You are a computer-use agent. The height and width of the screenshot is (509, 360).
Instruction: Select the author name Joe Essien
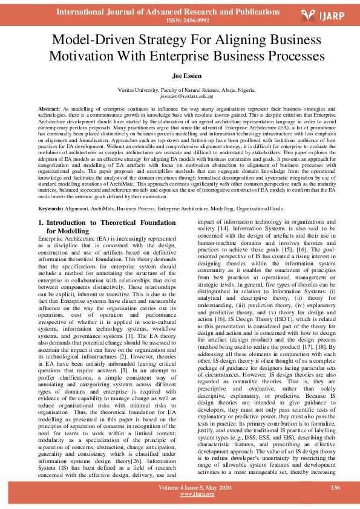(180, 76)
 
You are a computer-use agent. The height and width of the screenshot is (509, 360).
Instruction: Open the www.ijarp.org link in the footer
(180, 494)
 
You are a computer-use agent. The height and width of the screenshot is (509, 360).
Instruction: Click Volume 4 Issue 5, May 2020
(180, 487)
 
